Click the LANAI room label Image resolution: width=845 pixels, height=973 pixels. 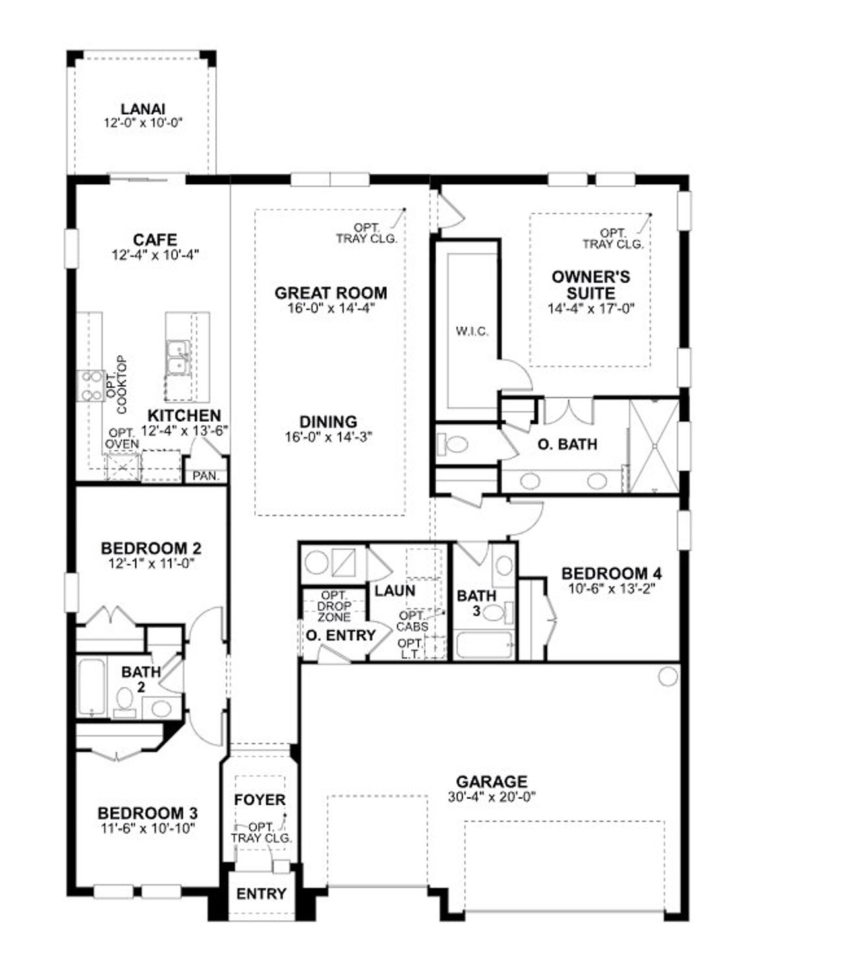click(143, 109)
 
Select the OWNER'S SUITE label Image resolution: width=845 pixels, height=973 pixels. click(590, 285)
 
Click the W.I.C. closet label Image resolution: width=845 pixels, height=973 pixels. click(472, 331)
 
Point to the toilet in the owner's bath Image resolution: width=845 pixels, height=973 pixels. click(452, 444)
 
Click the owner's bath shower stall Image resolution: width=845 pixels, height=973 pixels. click(654, 446)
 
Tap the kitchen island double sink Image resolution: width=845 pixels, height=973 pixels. click(178, 357)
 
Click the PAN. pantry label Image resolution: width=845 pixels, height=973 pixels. click(206, 475)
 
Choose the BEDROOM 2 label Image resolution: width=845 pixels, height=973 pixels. click(151, 549)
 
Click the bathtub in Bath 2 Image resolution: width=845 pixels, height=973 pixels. click(91, 687)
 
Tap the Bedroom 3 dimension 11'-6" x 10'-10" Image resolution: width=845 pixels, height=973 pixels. click(147, 828)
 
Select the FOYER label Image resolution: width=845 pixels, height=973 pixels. click(260, 800)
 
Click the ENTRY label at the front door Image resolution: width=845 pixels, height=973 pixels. click(261, 894)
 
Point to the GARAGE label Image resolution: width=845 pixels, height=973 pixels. click(491, 782)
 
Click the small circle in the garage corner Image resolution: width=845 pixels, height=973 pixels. click(668, 676)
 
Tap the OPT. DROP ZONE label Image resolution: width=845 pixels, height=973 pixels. click(334, 606)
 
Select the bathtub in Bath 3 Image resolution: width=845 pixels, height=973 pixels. click(484, 645)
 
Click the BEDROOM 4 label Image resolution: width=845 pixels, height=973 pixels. click(611, 573)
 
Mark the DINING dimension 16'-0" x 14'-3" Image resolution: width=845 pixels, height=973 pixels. click(329, 436)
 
